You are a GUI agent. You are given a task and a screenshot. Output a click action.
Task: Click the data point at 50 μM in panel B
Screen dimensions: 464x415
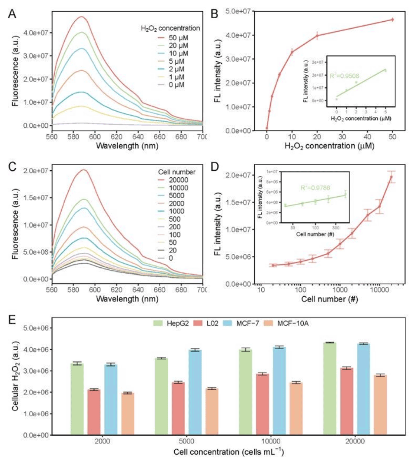point(392,20)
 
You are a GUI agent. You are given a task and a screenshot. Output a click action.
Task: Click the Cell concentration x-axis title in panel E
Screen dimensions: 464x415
point(229,452)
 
